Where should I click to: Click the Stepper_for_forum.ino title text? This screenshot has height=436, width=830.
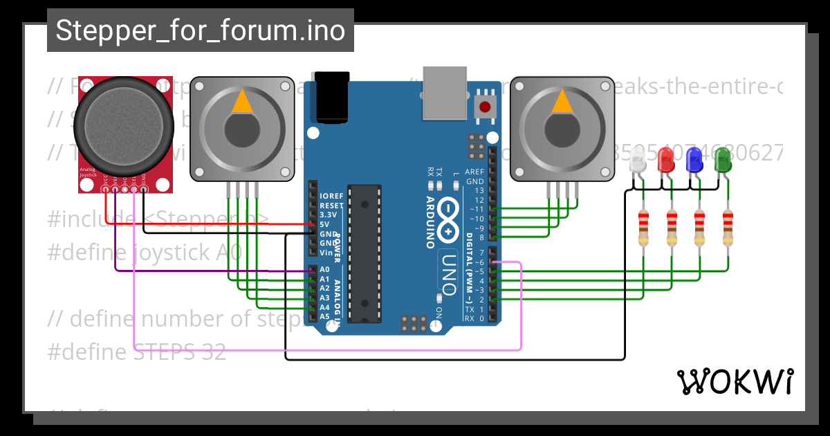coord(200,31)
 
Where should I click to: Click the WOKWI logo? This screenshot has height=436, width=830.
coord(735,381)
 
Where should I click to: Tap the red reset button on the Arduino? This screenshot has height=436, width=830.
coord(485,107)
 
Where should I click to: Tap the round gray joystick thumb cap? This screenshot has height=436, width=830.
coord(124,125)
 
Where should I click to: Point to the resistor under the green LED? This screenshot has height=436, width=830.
coord(728,228)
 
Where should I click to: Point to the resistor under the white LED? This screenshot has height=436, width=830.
coord(643,228)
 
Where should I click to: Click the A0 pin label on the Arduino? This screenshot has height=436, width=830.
coord(324,270)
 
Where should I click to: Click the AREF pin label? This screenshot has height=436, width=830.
coord(474,172)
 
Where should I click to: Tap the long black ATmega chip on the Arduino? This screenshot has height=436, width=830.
coord(365,253)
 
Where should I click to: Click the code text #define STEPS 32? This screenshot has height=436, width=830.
coord(136,352)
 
